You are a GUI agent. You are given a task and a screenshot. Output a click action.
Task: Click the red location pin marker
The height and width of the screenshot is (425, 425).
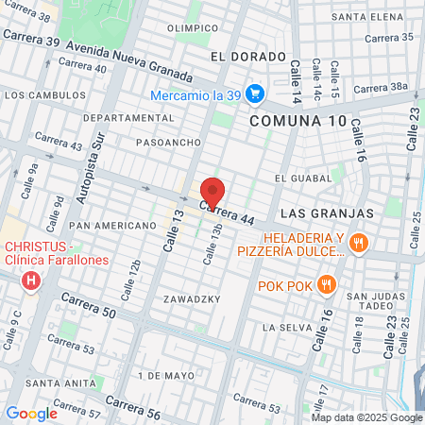pyautogui.click(x=212, y=193)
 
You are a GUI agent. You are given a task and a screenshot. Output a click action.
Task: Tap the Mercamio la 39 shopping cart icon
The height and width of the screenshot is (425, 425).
pyautogui.click(x=253, y=93)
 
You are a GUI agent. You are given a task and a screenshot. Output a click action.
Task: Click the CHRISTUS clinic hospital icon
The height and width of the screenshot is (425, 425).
pyautogui.click(x=33, y=280)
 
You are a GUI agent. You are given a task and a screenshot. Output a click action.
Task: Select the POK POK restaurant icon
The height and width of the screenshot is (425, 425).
pyautogui.click(x=326, y=283)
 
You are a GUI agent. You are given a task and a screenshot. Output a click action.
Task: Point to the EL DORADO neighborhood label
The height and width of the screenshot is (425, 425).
pyautogui.click(x=248, y=57)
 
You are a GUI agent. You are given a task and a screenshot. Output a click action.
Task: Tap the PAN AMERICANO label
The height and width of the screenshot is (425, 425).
pyautogui.click(x=112, y=226)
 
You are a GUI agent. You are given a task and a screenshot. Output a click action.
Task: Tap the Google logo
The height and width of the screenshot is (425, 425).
pyautogui.click(x=31, y=413)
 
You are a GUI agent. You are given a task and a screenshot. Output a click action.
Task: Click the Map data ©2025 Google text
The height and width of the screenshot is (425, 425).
pyautogui.click(x=366, y=417)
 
